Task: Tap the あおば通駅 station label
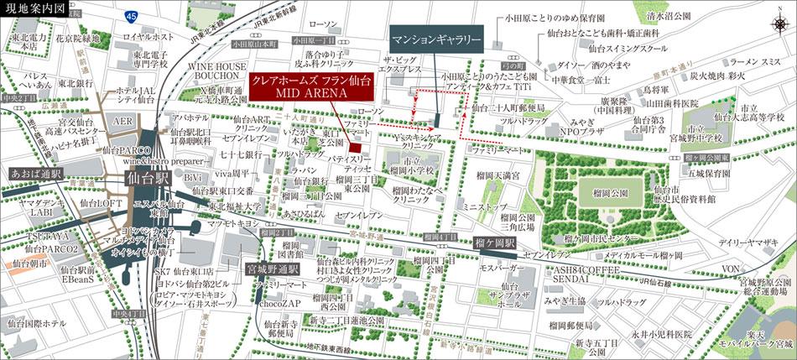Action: [x=35, y=173]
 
